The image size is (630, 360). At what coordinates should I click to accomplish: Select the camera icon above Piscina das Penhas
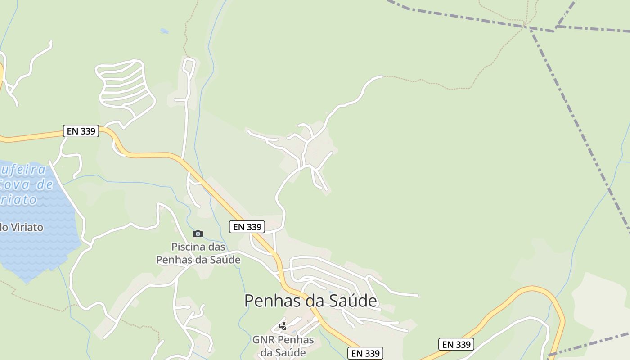tap(198, 234)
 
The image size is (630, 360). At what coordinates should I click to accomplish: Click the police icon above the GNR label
tap(283, 326)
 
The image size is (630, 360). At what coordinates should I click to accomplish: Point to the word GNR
tap(263, 340)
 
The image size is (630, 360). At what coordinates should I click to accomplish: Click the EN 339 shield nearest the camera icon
tap(247, 227)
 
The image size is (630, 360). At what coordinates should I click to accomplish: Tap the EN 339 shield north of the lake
tap(81, 131)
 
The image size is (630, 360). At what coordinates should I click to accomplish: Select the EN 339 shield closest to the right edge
tap(456, 344)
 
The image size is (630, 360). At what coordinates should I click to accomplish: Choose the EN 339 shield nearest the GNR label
tap(366, 353)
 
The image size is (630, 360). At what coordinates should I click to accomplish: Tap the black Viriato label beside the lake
tap(22, 227)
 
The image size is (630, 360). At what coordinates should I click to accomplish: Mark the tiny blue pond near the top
tap(164, 31)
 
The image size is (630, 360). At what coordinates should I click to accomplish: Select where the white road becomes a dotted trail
tap(382, 76)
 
